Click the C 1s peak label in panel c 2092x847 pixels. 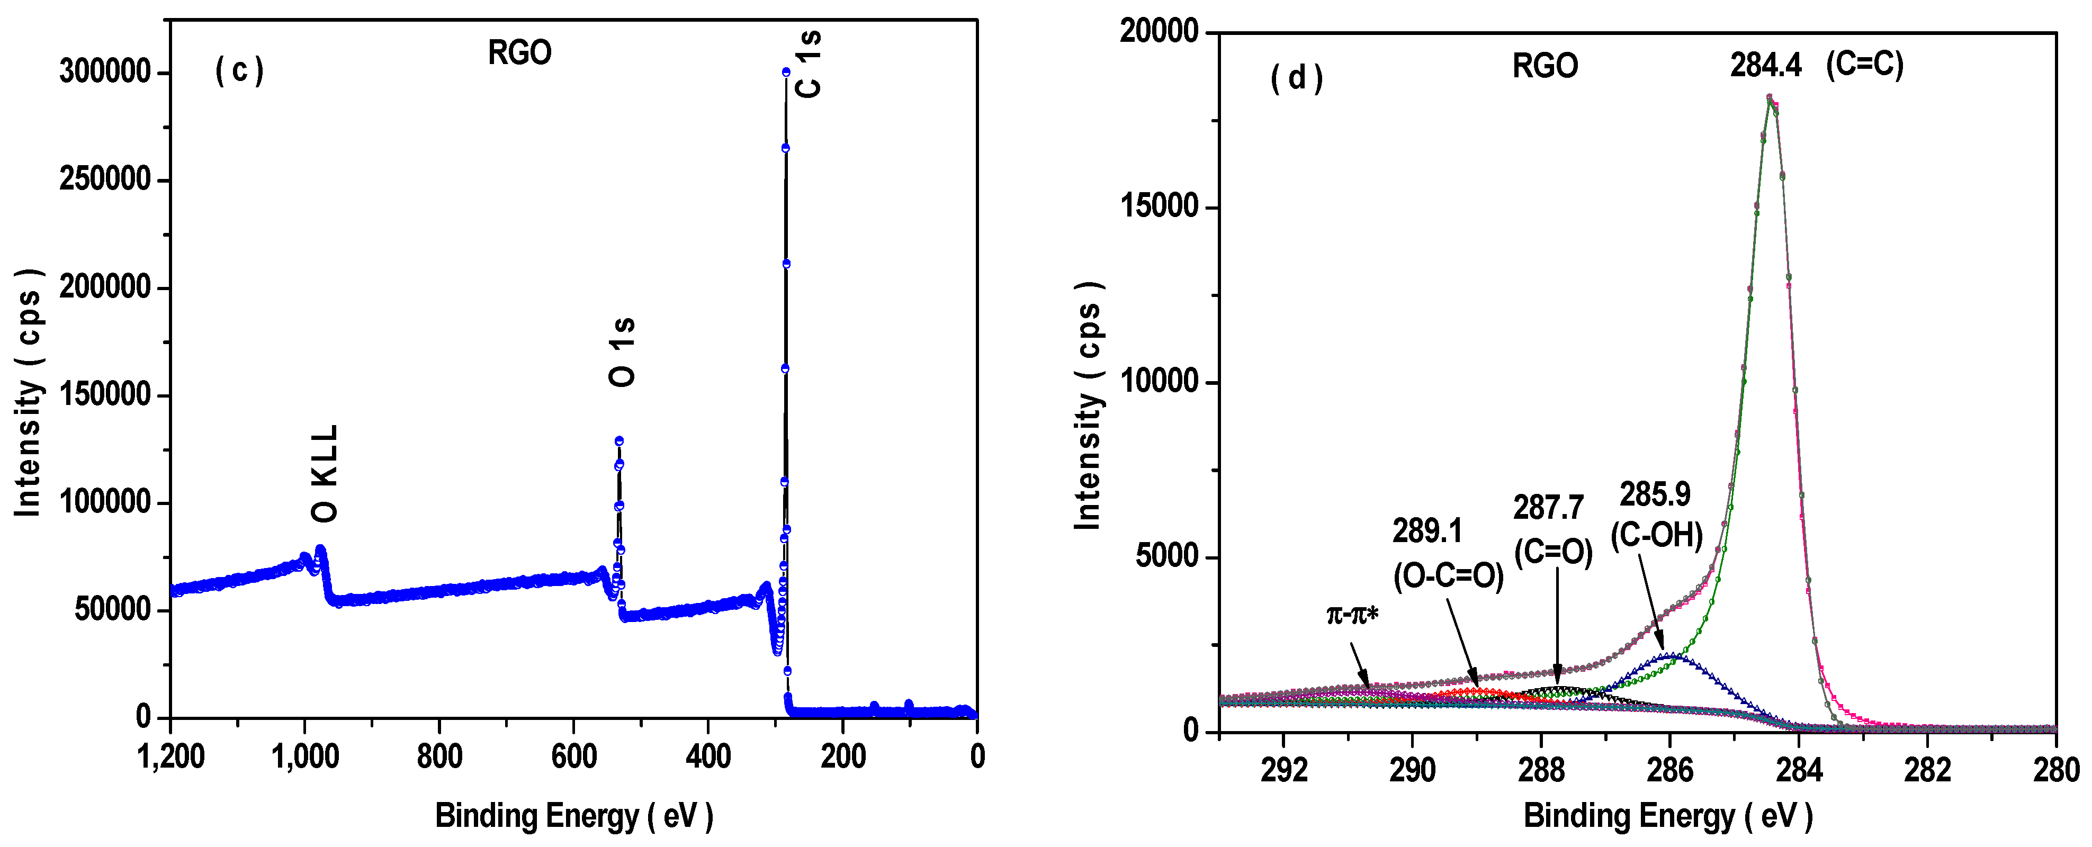click(x=809, y=65)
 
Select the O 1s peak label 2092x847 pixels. click(x=622, y=352)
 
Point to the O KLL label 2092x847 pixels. click(x=324, y=473)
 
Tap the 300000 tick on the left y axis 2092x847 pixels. click(x=105, y=73)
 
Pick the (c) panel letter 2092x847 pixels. click(x=239, y=70)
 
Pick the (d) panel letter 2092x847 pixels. click(x=1296, y=78)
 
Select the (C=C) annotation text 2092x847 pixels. click(x=1865, y=64)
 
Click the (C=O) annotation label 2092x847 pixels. click(x=1554, y=552)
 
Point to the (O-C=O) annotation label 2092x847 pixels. click(x=1448, y=576)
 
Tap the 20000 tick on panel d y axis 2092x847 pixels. click(x=1159, y=32)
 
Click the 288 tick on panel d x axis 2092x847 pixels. click(x=1541, y=770)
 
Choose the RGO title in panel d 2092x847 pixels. click(x=1545, y=66)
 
